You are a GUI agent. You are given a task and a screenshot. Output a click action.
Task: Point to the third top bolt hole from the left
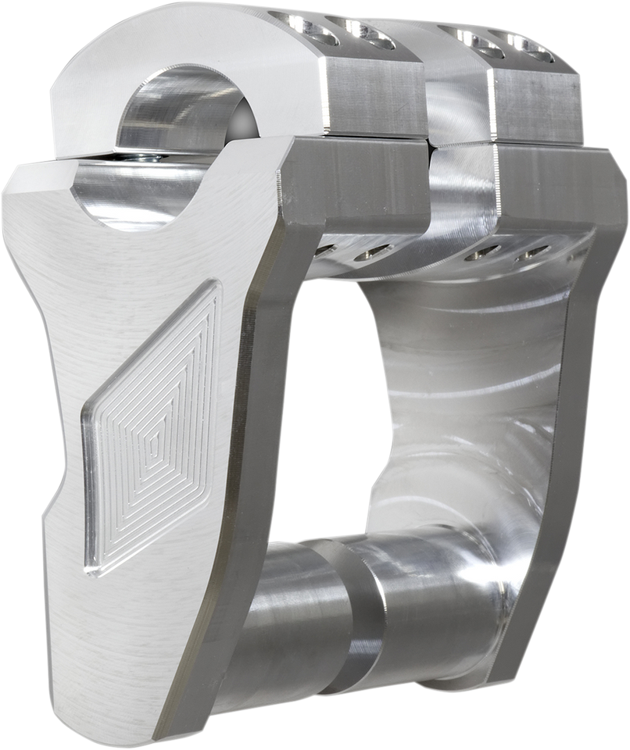[468, 39]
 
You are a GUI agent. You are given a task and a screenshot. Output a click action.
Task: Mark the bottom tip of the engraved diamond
[94, 574]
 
